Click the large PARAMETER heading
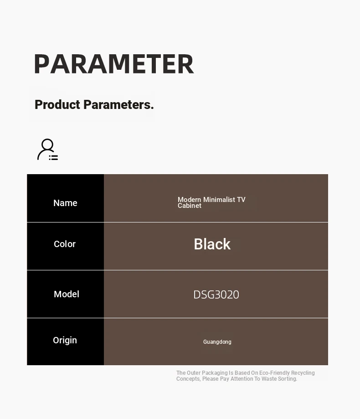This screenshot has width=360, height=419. pos(114,64)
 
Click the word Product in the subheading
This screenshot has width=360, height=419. pos(57,104)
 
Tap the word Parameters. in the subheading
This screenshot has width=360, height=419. pos(118,104)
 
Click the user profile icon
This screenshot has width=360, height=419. pos(47,150)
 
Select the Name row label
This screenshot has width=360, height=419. pos(65,203)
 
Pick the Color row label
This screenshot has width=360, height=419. pos(65,244)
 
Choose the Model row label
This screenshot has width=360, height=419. pos(67,294)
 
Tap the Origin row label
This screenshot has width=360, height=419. pos(65,341)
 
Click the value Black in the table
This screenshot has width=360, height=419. pos(212,244)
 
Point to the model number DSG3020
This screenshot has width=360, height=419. pos(216,295)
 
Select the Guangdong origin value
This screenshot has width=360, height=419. pos(217,342)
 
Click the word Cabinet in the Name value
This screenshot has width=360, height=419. pos(190,206)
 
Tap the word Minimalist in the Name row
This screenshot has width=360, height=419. pos(219,199)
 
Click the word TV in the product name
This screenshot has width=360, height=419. pos(241,199)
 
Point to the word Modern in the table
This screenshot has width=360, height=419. pos(190,199)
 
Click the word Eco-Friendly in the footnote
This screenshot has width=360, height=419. pos(274,373)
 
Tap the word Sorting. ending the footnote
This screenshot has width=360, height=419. pos(288,379)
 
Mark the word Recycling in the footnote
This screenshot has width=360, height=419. pos(303,373)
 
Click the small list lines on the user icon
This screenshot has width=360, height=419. pos(53,158)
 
